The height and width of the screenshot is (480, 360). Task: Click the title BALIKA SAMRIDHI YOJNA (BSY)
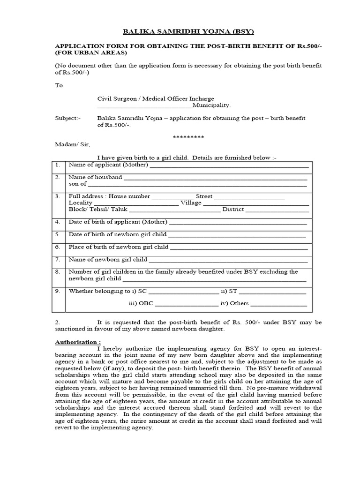(181, 32)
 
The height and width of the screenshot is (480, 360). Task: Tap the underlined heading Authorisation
(78, 342)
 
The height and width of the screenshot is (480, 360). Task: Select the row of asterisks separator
(188, 137)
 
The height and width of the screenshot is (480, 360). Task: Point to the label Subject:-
(68, 118)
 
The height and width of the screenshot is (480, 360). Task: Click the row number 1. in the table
(57, 165)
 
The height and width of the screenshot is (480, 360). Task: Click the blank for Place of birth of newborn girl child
(239, 247)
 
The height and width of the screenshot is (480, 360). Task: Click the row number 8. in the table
(57, 272)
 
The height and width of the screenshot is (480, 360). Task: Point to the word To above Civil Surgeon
(59, 86)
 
